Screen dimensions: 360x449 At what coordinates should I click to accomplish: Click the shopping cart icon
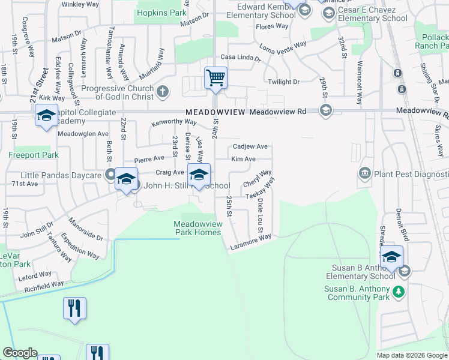click(x=215, y=77)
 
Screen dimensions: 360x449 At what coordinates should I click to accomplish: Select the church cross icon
click(x=163, y=91)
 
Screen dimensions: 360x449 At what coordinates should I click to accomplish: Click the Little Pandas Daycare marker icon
click(x=110, y=175)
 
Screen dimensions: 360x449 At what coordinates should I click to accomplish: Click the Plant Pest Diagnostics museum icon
click(x=364, y=174)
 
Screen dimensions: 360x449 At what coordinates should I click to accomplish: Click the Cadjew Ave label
click(x=250, y=146)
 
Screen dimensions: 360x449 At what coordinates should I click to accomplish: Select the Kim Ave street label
click(x=244, y=159)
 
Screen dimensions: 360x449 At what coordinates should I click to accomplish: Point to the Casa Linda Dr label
click(x=241, y=58)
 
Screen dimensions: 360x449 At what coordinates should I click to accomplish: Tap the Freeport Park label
click(x=34, y=155)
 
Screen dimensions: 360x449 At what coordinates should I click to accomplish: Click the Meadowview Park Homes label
click(x=197, y=228)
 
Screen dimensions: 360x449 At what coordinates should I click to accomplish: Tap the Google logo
click(x=20, y=353)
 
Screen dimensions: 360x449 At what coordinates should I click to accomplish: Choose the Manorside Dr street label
click(x=88, y=229)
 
